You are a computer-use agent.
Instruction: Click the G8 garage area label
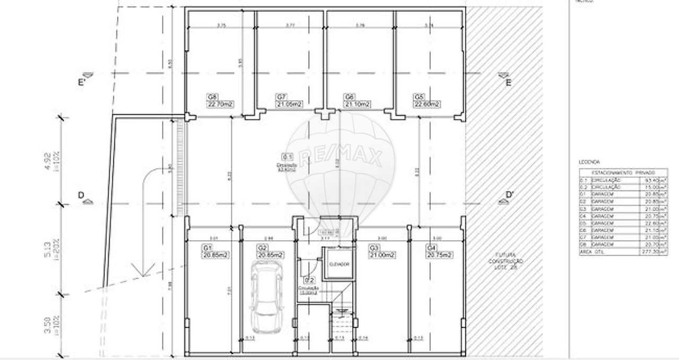(x=220, y=101)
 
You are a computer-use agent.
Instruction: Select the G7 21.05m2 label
(x=289, y=101)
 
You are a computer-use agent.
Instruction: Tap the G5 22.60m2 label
(x=427, y=101)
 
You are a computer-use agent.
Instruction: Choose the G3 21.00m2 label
(x=381, y=251)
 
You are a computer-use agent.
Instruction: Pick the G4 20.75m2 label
(x=439, y=251)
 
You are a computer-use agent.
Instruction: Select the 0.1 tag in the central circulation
(x=287, y=157)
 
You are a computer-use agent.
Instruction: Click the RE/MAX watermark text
(x=341, y=156)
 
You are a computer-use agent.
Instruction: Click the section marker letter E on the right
(x=508, y=82)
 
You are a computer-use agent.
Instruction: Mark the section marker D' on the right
(x=509, y=196)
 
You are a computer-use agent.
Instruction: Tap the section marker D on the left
(x=81, y=196)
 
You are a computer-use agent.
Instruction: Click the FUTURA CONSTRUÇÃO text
(x=506, y=262)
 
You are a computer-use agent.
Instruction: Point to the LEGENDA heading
(x=589, y=162)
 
